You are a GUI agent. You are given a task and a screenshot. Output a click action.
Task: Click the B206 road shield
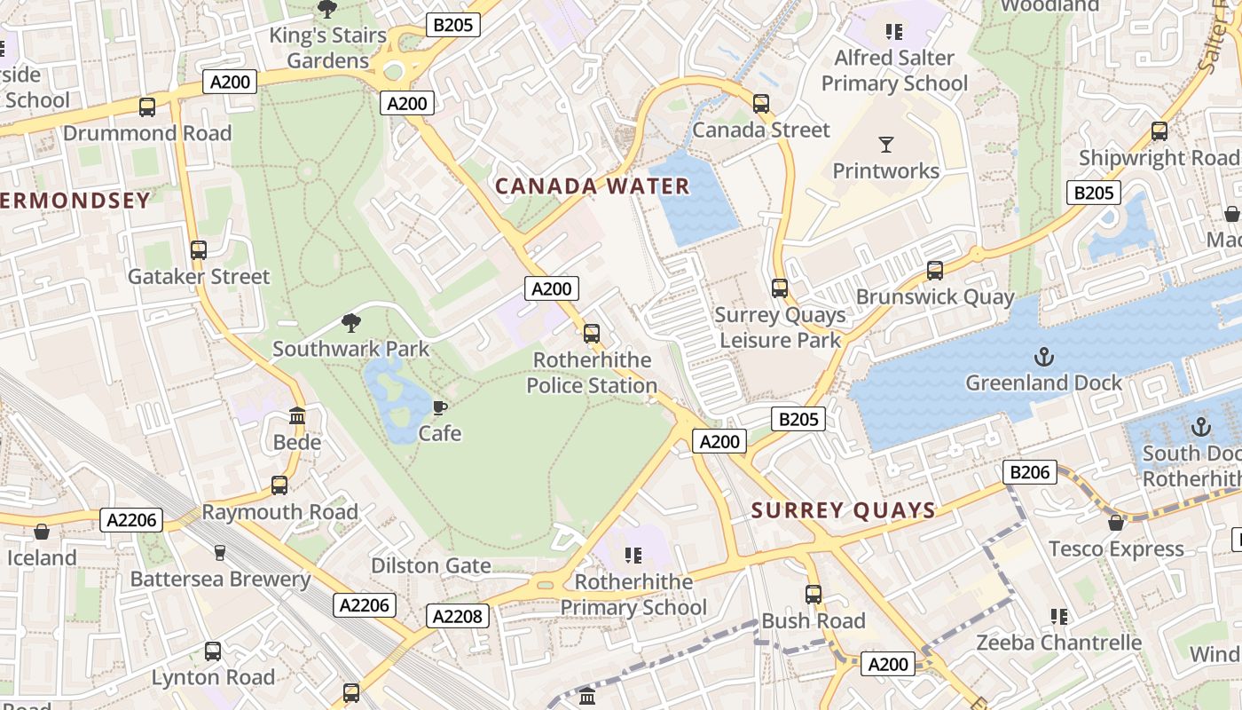(1030, 472)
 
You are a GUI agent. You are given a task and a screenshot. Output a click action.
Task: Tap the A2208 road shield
(458, 616)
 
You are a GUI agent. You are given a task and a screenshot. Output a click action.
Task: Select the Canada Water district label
(592, 186)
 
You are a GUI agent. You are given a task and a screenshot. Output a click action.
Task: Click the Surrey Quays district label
(844, 510)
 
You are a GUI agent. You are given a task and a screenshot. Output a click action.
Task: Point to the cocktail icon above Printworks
(885, 144)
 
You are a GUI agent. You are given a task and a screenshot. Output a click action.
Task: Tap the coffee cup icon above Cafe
(439, 407)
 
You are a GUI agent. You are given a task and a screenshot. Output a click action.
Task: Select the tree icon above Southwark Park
(351, 323)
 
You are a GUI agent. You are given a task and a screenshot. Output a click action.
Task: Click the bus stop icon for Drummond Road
(147, 107)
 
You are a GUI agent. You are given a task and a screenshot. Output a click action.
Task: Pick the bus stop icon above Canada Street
(761, 104)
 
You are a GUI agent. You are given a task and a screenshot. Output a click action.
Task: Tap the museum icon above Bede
(297, 416)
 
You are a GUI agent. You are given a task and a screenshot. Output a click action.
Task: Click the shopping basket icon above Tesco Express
(1116, 524)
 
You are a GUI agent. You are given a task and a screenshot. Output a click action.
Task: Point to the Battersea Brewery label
(220, 580)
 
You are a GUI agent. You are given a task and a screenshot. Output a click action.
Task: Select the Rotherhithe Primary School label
(633, 595)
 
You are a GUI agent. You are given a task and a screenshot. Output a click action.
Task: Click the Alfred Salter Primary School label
(894, 71)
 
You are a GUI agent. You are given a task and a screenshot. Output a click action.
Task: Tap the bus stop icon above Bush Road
(814, 595)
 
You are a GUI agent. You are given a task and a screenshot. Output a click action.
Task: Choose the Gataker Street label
(199, 277)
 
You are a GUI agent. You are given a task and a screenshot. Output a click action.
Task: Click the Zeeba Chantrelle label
(1058, 643)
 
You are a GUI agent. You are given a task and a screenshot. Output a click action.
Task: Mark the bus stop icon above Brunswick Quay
(935, 271)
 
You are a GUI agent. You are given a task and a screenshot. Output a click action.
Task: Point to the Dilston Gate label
(431, 565)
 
